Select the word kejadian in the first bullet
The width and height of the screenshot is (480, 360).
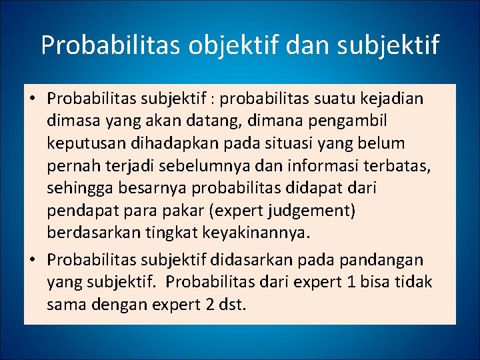click(391, 99)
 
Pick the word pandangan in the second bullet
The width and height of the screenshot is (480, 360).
click(388, 259)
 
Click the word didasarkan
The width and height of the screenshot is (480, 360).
click(244, 259)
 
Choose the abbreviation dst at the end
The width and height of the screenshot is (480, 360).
click(234, 305)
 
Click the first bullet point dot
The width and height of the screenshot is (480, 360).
click(32, 99)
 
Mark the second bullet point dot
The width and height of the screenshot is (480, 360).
click(32, 259)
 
